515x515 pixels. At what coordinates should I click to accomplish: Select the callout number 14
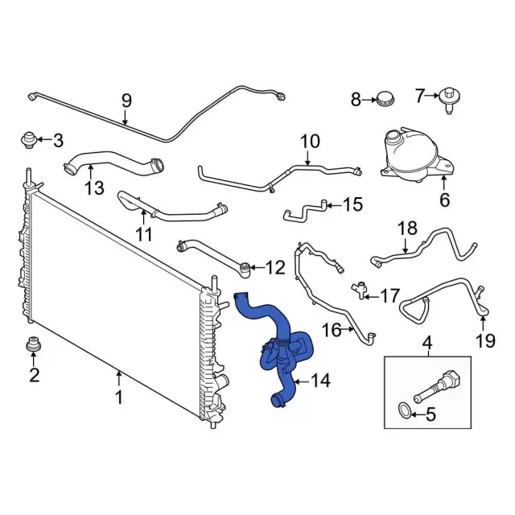(x=320, y=381)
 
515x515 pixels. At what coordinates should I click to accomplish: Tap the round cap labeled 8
(x=385, y=99)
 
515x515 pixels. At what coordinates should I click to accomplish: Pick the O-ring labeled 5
(x=404, y=412)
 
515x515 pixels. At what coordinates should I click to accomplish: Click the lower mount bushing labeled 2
(x=33, y=344)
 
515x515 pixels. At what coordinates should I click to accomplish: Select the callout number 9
(x=126, y=101)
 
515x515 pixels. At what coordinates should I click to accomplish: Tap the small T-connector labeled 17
(x=359, y=290)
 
